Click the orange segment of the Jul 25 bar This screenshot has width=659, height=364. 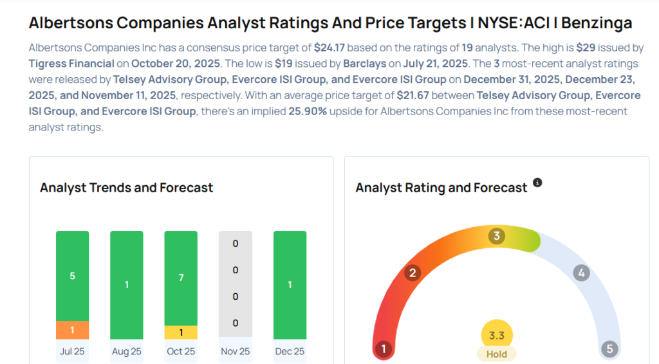tap(72, 330)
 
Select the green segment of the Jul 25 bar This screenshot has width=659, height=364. tap(72, 276)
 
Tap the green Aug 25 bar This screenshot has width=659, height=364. tap(127, 285)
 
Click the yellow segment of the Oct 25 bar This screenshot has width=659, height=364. tap(181, 332)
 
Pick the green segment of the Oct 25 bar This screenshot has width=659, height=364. tap(181, 278)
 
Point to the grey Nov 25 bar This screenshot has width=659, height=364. tap(236, 284)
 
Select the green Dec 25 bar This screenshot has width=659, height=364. tap(290, 285)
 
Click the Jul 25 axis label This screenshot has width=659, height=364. tap(72, 351)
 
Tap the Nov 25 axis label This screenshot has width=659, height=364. tap(236, 351)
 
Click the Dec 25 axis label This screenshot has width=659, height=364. tap(290, 351)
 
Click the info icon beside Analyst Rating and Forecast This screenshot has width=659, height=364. tap(537, 183)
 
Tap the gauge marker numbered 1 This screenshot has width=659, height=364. tap(383, 349)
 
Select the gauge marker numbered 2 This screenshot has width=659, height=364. tap(413, 273)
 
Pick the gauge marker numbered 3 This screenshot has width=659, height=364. tap(496, 236)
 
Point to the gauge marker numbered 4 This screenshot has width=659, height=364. tap(581, 273)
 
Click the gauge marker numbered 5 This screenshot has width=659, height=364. tap(609, 349)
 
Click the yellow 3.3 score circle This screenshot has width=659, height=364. tap(497, 334)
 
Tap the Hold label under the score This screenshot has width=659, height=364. tap(497, 354)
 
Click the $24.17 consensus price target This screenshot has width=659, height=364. tap(331, 48)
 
